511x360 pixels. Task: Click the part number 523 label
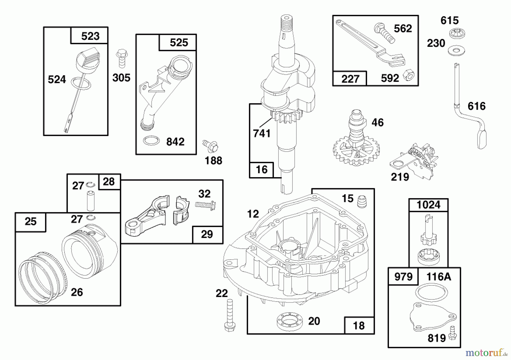90,36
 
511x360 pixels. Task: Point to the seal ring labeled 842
151,141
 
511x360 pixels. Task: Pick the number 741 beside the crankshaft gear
262,133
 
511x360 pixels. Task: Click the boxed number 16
261,169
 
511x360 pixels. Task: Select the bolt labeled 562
384,33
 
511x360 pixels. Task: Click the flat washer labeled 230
456,51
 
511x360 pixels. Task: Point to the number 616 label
477,106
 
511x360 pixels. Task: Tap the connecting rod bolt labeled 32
206,204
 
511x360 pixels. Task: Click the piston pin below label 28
91,201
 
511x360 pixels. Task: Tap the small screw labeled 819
452,333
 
